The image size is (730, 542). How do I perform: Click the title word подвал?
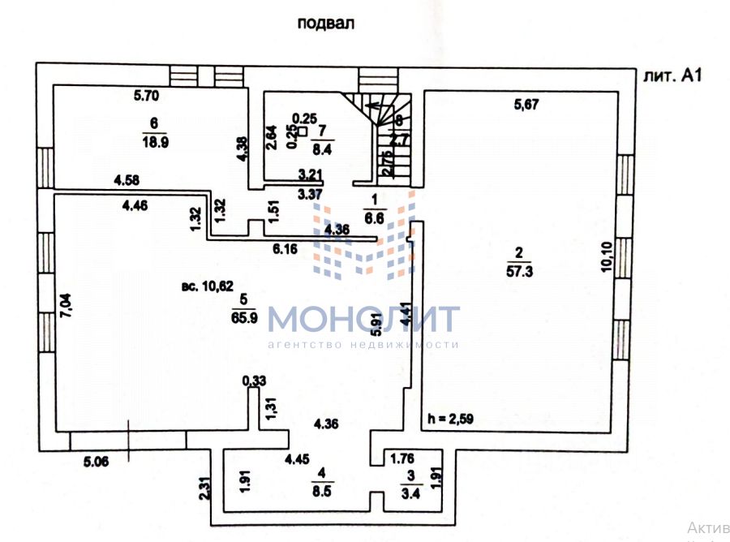326,24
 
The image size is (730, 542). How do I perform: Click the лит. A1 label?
671,76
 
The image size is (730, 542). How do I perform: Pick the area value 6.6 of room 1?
374,217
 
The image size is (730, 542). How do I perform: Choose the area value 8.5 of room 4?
321,489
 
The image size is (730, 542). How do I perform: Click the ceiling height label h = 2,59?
450,419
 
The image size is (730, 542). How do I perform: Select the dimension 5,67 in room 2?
526,104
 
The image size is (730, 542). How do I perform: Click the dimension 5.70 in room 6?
147,96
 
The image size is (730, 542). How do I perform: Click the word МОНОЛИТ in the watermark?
363,319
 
